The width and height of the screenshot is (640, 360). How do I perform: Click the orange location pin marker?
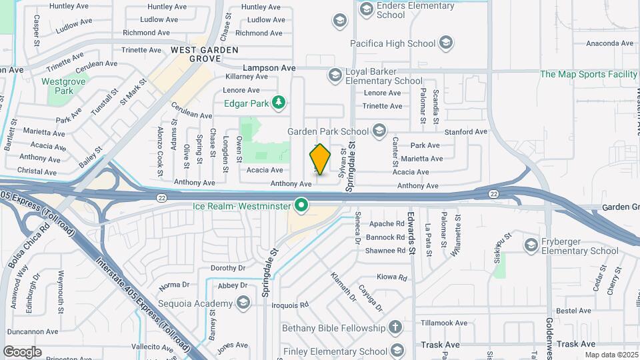(320, 159)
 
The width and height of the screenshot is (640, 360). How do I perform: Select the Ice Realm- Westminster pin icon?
(301, 205)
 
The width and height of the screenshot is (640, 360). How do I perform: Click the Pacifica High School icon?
(446, 44)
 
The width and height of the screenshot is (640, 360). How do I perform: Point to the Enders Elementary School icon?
(366, 9)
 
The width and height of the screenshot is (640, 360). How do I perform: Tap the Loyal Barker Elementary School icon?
(335, 75)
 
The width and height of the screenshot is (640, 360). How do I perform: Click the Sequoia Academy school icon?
(243, 304)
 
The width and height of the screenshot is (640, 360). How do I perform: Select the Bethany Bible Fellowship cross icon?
(396, 328)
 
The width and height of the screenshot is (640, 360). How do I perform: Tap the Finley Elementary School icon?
(397, 350)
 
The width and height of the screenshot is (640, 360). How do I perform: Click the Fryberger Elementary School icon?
(531, 245)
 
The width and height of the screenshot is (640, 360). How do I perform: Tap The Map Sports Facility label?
(588, 75)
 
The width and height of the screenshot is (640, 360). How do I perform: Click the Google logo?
(22, 352)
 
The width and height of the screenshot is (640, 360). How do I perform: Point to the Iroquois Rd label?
(290, 305)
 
